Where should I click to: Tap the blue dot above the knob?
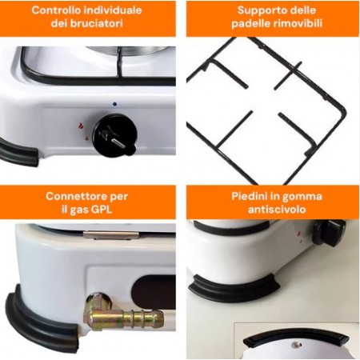114,104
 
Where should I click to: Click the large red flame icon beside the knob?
80,125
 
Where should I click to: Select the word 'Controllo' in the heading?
56,10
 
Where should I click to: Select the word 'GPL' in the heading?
102,210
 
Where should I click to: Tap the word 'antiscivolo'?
277,210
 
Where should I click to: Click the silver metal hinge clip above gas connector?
111,235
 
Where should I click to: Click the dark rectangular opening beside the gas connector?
154,292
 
